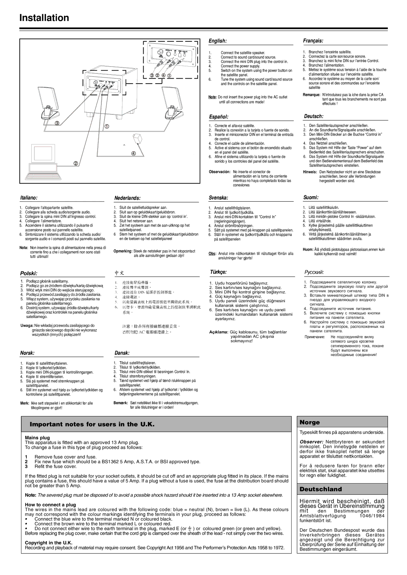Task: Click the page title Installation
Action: (x=44, y=18)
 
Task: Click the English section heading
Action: (x=217, y=40)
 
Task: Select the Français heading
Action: (x=314, y=40)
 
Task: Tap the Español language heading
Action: (x=219, y=117)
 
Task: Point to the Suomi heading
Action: (x=311, y=197)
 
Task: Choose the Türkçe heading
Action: (x=218, y=271)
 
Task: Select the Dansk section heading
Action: (x=122, y=353)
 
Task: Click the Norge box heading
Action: (x=309, y=423)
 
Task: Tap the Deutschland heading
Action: (x=321, y=489)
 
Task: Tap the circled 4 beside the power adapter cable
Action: (x=133, y=153)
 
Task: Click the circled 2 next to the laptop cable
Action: (x=76, y=163)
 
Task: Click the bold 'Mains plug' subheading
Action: (x=37, y=438)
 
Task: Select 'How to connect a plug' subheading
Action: (x=50, y=505)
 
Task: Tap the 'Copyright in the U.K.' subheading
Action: (x=49, y=543)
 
